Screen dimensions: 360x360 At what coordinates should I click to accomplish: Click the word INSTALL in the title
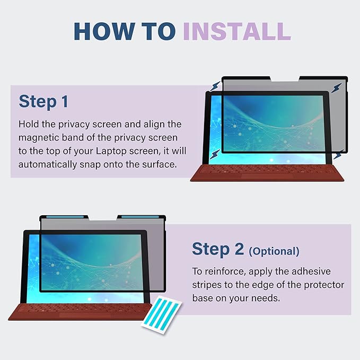(x=237, y=31)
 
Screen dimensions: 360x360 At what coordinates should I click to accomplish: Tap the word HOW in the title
(x=104, y=31)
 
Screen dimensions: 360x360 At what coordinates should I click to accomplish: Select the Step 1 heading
(x=43, y=102)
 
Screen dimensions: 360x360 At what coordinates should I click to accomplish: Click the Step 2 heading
(x=218, y=249)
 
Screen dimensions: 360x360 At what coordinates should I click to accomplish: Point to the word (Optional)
(x=274, y=251)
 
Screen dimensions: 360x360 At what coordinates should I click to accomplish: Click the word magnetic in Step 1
(x=39, y=138)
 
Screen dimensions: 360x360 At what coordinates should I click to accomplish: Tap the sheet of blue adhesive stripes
(x=162, y=315)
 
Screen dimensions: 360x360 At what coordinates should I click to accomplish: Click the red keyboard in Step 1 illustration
(x=267, y=173)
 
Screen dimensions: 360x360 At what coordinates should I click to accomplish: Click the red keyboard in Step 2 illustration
(x=80, y=312)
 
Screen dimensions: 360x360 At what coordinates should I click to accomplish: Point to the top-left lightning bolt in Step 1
(x=215, y=86)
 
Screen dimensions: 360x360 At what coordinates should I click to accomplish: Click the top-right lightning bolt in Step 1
(x=336, y=88)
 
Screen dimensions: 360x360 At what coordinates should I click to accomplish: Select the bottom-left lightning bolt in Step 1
(x=215, y=154)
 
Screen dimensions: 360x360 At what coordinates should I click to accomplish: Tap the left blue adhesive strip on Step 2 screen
(x=65, y=217)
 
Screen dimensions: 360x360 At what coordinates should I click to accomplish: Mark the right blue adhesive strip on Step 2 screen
(x=140, y=217)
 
